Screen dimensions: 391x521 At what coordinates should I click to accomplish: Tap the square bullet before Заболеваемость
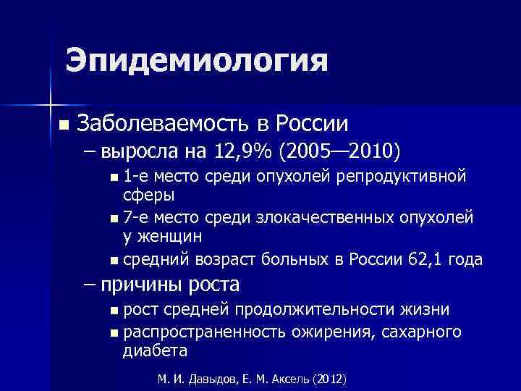coord(64,125)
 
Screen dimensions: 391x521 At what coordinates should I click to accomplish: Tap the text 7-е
coord(135,218)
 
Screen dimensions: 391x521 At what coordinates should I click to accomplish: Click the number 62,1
coord(420,259)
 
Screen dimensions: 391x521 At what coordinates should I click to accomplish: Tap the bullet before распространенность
coord(116,333)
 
